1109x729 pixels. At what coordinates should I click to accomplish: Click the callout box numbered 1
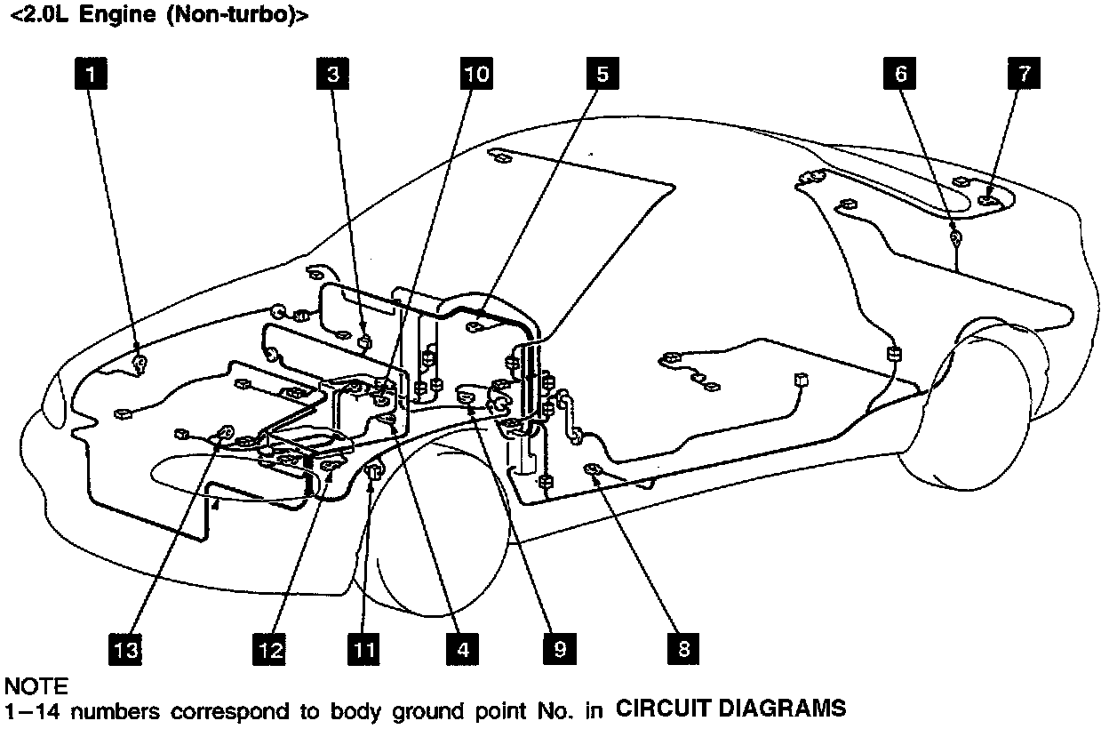click(x=91, y=74)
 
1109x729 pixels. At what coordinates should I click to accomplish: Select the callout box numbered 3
click(x=332, y=74)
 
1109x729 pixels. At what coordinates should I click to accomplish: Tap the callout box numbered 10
click(x=476, y=74)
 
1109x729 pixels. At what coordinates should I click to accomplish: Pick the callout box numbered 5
click(x=602, y=74)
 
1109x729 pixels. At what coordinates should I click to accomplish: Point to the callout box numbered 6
click(x=900, y=74)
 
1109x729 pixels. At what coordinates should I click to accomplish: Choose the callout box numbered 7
click(x=1024, y=74)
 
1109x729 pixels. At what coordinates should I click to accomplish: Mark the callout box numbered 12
click(x=269, y=650)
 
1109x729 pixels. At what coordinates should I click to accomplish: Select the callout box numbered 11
click(x=363, y=650)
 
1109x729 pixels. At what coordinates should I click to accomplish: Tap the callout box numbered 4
click(x=462, y=650)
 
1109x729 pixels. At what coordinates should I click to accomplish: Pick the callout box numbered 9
click(x=559, y=650)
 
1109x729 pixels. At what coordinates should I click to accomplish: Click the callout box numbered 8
click(x=682, y=650)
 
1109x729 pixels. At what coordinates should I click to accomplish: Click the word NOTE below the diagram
click(x=36, y=686)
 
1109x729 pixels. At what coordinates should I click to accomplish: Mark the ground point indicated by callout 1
click(x=140, y=362)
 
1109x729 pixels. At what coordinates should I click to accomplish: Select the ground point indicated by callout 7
click(x=986, y=201)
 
